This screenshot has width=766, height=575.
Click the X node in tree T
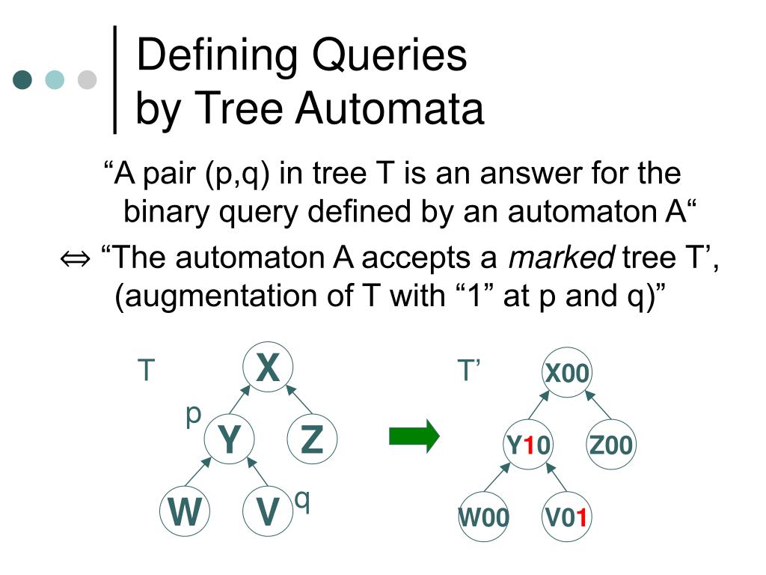coord(268,368)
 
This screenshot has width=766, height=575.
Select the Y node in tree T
coord(229,439)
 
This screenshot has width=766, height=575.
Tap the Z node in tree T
coord(312,439)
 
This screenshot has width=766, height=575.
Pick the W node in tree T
coord(185,512)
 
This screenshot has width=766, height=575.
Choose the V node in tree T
coord(268,512)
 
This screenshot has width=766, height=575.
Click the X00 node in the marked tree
coord(567,373)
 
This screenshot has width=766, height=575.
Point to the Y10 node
coord(527,445)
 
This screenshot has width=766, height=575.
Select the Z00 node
coord(610,445)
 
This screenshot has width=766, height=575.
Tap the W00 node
coord(484,517)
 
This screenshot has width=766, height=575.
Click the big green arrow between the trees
coord(414,436)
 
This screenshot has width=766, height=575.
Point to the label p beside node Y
coord(194,414)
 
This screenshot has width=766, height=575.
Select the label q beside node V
coord(301,499)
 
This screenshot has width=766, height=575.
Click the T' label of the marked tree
coord(470,370)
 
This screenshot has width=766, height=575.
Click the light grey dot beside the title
coord(88,79)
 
